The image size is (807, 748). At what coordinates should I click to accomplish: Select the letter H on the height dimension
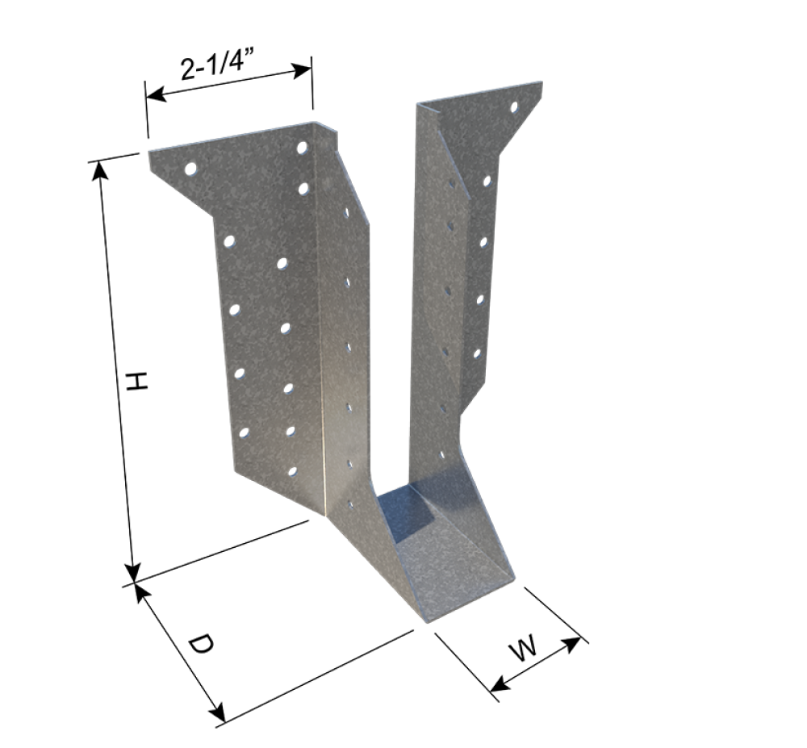(x=138, y=382)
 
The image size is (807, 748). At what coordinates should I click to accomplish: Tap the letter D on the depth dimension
(x=200, y=645)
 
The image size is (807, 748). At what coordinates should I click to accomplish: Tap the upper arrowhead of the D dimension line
(x=141, y=591)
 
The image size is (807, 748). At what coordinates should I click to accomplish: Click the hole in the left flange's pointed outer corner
(x=190, y=169)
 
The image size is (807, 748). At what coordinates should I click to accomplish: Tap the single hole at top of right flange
(x=513, y=107)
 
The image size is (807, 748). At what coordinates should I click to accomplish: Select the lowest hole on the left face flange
(x=292, y=470)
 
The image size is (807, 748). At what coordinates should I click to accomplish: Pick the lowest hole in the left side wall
(x=350, y=505)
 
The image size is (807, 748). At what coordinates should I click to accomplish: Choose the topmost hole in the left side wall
(x=345, y=213)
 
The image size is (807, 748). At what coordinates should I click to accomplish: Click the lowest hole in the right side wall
(x=441, y=456)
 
